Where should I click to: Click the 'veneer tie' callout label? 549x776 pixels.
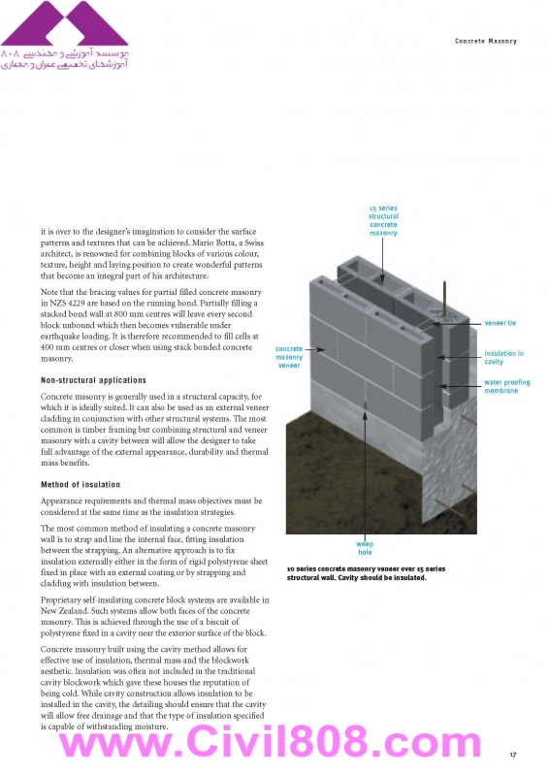coord(500,323)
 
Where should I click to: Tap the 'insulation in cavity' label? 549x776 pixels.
coord(503,357)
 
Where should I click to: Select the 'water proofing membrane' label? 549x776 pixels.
coord(507,386)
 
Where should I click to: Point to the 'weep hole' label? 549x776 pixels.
coord(365,548)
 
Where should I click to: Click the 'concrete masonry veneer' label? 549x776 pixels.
coord(289,357)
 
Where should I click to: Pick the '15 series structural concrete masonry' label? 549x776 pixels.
coord(383,220)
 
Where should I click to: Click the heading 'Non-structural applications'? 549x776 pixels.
coord(93,380)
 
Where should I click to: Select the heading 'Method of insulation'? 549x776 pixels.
coord(81,484)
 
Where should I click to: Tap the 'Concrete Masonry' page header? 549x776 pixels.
coord(486,41)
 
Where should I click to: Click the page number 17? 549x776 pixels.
coord(513,755)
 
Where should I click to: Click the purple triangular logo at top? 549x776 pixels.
coord(64,23)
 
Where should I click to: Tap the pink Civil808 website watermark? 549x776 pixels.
coord(271,742)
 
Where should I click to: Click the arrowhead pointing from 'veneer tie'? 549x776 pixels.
coord(434,324)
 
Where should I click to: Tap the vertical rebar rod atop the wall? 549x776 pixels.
coord(444,298)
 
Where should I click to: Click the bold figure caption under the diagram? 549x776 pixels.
coord(366,573)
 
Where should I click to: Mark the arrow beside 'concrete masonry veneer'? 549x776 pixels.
coord(315,349)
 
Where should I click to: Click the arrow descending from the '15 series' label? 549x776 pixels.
coord(383,261)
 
